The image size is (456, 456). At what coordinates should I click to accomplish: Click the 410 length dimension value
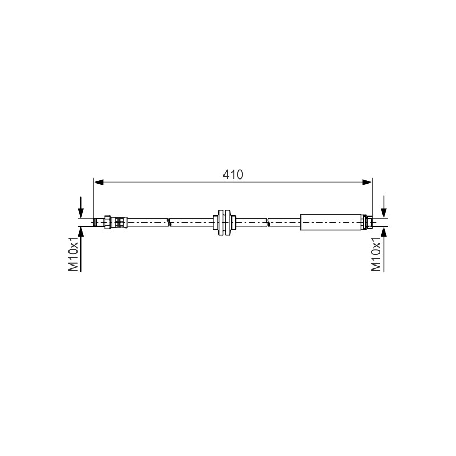pos(233,174)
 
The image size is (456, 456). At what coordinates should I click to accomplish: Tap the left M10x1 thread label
pos(74,254)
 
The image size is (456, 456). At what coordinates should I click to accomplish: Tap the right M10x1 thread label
pos(376,254)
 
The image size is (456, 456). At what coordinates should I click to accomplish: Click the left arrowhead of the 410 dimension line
pos(99,182)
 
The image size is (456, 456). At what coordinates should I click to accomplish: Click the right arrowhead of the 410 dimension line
pos(367,182)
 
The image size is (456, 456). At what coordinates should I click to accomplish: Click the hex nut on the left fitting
pos(108,222)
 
